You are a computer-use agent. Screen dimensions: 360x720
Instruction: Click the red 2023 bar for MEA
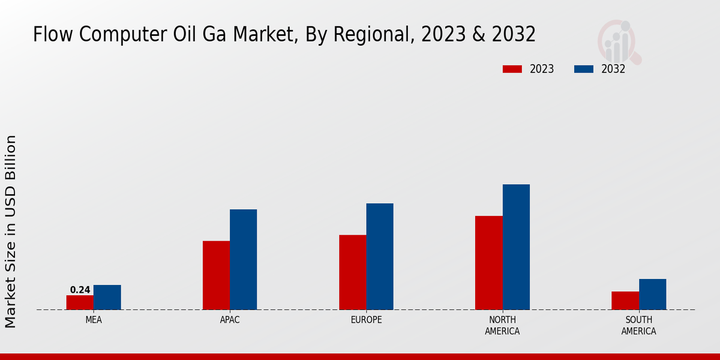(x=80, y=302)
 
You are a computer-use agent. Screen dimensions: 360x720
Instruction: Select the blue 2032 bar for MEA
(x=107, y=297)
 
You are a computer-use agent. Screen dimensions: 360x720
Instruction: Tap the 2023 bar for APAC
(x=216, y=275)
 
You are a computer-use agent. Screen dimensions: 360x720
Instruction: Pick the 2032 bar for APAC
(x=243, y=259)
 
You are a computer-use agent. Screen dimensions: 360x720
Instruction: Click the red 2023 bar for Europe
(x=352, y=272)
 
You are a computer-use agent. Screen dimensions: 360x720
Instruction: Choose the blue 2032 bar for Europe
(x=380, y=256)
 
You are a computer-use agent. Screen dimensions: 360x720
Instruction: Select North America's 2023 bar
(x=488, y=263)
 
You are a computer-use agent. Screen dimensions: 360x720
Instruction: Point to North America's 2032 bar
(x=516, y=247)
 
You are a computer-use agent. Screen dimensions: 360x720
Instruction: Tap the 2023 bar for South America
(x=625, y=301)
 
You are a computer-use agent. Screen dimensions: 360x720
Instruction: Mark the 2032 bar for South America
(x=652, y=294)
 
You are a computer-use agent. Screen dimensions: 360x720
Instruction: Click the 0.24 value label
(x=80, y=290)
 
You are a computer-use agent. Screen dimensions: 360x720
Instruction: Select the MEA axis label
(x=94, y=320)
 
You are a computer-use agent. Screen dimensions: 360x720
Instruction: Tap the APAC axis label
(x=230, y=320)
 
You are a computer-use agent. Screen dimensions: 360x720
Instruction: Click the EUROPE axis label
(x=366, y=320)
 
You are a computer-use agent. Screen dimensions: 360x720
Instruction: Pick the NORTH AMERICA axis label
(x=502, y=325)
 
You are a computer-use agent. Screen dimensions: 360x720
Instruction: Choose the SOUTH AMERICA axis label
(x=638, y=325)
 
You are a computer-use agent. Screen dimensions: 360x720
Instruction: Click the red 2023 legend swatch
(x=512, y=69)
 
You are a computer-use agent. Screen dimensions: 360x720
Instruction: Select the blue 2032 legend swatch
(x=584, y=69)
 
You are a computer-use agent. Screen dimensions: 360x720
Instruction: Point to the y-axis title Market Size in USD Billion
(x=11, y=231)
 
